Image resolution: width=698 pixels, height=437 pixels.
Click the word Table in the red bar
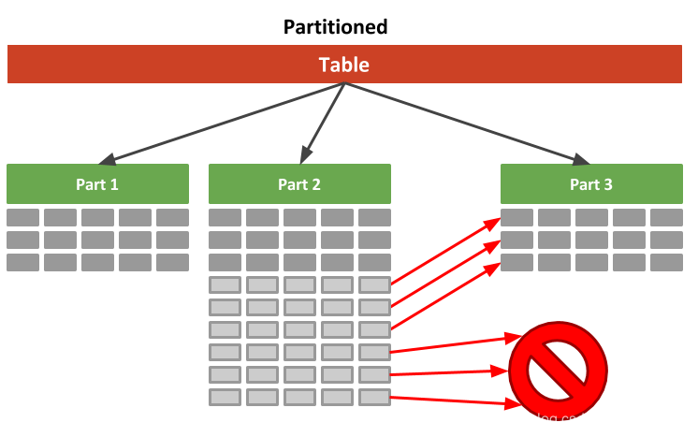click(343, 65)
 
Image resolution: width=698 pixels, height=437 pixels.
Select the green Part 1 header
click(97, 184)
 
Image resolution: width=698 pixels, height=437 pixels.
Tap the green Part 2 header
click(299, 184)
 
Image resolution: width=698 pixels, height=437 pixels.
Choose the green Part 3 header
click(591, 184)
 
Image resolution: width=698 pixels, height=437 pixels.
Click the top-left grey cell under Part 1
click(23, 218)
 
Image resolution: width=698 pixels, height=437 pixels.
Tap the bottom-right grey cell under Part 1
click(172, 263)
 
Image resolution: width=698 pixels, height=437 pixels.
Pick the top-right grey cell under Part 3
click(666, 218)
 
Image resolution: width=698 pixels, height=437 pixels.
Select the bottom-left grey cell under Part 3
click(516, 263)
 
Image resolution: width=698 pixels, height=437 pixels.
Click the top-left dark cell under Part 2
click(225, 218)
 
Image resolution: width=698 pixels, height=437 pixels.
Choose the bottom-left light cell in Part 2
click(225, 398)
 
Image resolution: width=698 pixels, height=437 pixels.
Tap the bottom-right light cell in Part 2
click(374, 398)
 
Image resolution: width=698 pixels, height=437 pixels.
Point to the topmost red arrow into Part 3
click(445, 252)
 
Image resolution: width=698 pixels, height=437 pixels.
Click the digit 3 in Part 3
click(608, 184)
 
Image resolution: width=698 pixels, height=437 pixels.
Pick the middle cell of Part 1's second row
click(97, 240)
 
